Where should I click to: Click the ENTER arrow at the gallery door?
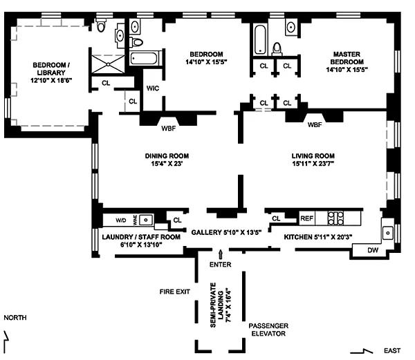tap(220, 254)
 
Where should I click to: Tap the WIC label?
tap(153, 88)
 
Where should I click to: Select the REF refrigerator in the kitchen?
tap(306, 218)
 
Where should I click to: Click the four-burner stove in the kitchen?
tap(335, 218)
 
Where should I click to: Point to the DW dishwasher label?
tap(373, 250)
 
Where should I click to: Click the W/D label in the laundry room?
tap(121, 220)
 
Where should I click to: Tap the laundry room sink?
tap(146, 220)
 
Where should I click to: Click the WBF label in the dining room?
tap(169, 129)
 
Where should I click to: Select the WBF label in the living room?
tap(315, 124)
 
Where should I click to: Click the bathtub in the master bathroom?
tap(260, 39)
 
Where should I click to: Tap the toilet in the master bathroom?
tap(277, 49)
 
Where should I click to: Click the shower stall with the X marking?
tap(108, 64)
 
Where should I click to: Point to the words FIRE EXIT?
tap(175, 292)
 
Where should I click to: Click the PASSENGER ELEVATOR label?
tap(268, 330)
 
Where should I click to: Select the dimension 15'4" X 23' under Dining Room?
tap(167, 164)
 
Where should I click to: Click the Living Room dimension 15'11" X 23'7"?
tap(313, 164)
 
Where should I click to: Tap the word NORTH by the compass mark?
tap(15, 317)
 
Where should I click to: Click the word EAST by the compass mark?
tap(392, 350)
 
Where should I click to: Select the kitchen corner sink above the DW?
tap(388, 233)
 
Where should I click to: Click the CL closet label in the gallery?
tap(177, 220)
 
